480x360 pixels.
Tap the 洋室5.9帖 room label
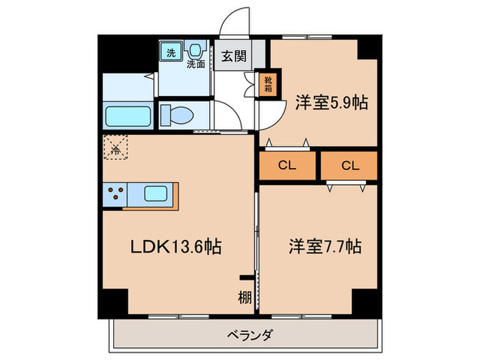(x=332, y=103)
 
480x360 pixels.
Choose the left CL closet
(x=287, y=165)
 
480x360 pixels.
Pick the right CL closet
(x=350, y=165)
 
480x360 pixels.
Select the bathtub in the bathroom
(x=128, y=115)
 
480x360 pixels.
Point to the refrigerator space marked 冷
(x=115, y=147)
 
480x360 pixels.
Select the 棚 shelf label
(x=243, y=298)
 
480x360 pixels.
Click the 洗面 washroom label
(x=197, y=64)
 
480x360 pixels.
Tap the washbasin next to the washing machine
(x=197, y=49)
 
